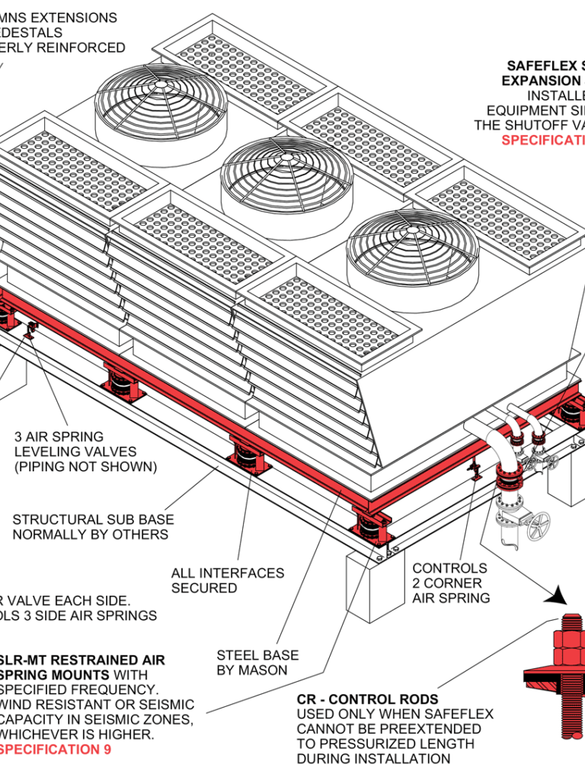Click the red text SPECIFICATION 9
(56, 749)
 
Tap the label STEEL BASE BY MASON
(257, 662)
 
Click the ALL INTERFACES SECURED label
(227, 580)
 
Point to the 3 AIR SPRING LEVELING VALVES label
(85, 452)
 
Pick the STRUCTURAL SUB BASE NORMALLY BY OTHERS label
(92, 526)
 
